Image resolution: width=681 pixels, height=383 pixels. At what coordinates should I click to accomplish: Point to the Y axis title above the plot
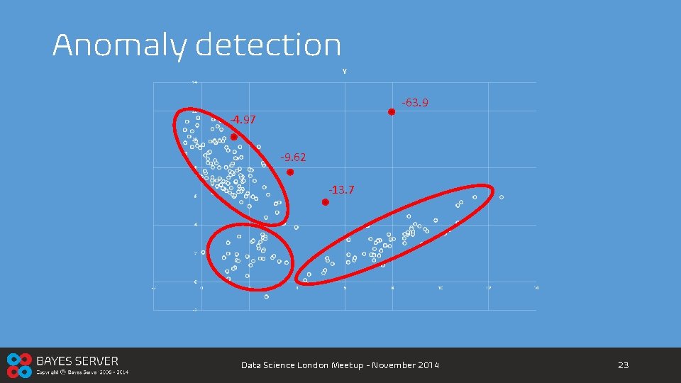pyautogui.click(x=344, y=71)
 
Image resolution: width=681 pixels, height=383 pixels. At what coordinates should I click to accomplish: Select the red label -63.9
pyautogui.click(x=415, y=103)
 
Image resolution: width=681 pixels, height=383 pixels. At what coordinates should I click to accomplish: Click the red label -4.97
pyautogui.click(x=243, y=120)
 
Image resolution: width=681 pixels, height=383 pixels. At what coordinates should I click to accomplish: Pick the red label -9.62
pyautogui.click(x=293, y=157)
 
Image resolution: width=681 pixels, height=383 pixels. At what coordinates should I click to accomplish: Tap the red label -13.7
pyautogui.click(x=341, y=190)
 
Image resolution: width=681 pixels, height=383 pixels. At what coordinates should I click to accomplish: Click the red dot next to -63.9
pyautogui.click(x=391, y=112)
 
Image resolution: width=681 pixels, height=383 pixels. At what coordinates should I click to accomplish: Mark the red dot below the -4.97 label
pyautogui.click(x=233, y=138)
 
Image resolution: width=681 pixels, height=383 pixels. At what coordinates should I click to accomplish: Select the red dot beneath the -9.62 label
pyautogui.click(x=290, y=172)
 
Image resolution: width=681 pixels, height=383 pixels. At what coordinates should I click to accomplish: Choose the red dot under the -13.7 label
pyautogui.click(x=326, y=202)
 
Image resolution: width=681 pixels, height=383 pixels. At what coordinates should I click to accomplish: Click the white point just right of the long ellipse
pyautogui.click(x=502, y=197)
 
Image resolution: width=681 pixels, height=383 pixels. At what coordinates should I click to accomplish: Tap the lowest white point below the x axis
pyautogui.click(x=267, y=296)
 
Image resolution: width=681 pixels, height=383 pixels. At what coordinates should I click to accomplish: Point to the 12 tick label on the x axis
pyautogui.click(x=488, y=288)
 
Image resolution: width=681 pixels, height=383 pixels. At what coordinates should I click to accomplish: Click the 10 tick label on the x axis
pyautogui.click(x=440, y=288)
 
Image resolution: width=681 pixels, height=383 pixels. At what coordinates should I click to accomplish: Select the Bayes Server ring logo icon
pyautogui.click(x=18, y=365)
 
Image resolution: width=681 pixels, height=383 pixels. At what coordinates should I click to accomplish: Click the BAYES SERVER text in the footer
pyautogui.click(x=77, y=361)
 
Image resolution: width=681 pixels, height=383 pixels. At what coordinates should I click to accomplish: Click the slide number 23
pyautogui.click(x=624, y=365)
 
